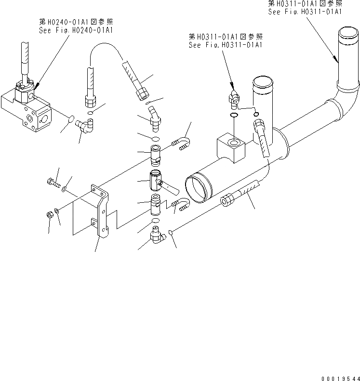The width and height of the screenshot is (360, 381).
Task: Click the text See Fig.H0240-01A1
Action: [x=77, y=30]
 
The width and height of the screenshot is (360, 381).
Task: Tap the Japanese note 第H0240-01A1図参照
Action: [x=77, y=22]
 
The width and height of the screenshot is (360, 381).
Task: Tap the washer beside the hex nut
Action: [x=57, y=210]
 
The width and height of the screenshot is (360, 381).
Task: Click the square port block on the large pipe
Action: [x=232, y=146]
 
